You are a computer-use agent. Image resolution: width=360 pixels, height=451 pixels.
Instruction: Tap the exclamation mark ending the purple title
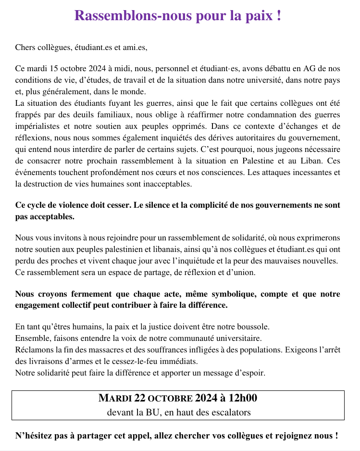279,15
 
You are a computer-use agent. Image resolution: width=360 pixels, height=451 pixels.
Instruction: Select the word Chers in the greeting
25,47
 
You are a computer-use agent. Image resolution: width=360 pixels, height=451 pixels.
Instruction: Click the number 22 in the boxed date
140,398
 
